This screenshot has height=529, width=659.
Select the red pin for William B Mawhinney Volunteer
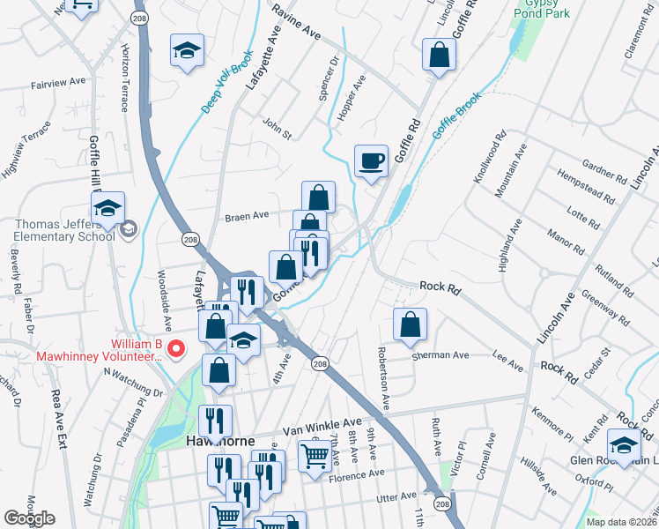coord(175,350)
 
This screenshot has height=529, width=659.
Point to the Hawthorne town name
coord(219,441)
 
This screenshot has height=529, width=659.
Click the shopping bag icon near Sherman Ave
coord(411,324)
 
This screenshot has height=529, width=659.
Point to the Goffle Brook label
coord(455,120)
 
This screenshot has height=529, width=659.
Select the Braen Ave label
coord(247,215)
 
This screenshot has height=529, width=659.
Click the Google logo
coord(29,518)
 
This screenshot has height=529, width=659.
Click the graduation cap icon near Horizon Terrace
coord(187,51)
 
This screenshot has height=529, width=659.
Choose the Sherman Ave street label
coord(441,356)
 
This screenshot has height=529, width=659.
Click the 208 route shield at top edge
coord(138,18)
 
